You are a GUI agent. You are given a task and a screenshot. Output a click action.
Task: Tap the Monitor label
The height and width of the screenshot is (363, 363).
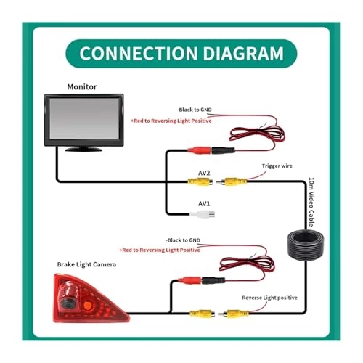[82, 87]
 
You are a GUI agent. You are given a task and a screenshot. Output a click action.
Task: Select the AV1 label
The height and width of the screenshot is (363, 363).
[205, 204]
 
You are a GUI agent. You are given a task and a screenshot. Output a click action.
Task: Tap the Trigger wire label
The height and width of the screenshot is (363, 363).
[277, 166]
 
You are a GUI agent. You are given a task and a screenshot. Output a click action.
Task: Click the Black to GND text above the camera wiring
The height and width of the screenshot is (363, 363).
[183, 240]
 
